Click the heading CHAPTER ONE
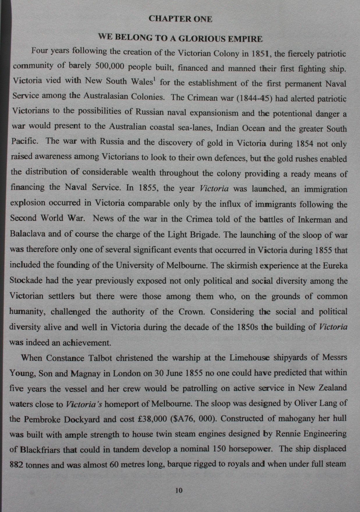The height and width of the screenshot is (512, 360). click(x=180, y=19)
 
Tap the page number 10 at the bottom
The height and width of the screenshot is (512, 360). click(x=179, y=490)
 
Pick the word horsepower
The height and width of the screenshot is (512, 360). click(x=250, y=449)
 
